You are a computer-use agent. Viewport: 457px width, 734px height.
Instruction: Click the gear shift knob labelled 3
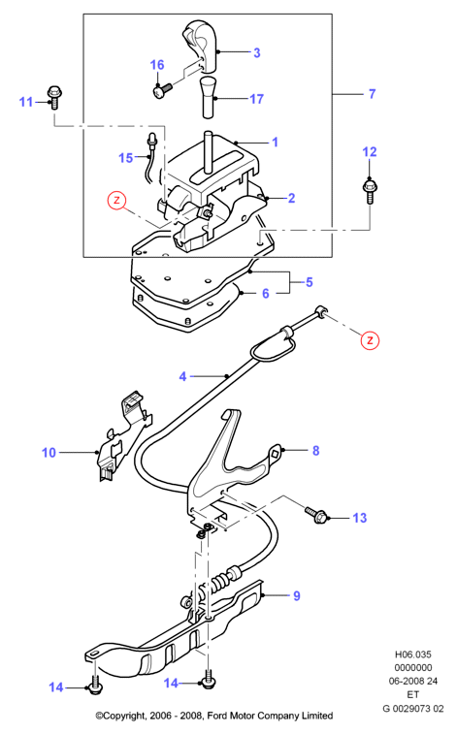tap(201, 46)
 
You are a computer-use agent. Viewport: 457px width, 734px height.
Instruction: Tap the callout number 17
tap(256, 99)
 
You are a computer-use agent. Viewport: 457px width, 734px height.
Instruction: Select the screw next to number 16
tap(162, 89)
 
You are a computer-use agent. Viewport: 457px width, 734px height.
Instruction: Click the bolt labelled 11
tap(54, 97)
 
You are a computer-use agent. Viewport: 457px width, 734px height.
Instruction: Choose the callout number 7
tap(373, 94)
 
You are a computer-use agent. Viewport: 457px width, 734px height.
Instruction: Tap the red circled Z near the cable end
tap(370, 339)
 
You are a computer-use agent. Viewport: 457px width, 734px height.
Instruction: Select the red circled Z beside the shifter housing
tap(116, 201)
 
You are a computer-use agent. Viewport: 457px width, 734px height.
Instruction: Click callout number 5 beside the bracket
tap(310, 282)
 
